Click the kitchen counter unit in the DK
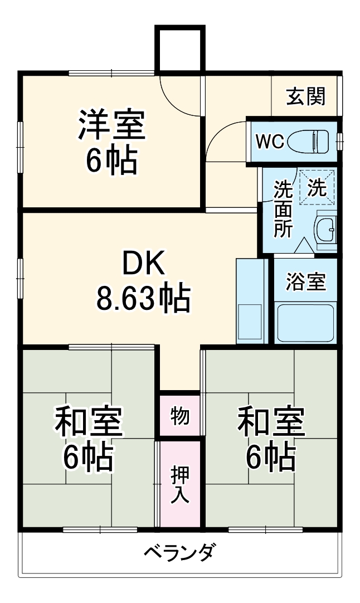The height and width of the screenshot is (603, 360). click(250, 301)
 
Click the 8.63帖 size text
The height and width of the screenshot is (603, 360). click(143, 299)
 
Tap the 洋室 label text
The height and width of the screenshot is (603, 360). click(111, 125)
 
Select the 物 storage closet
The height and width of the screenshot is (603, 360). click(179, 415)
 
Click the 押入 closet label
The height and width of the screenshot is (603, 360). click(179, 484)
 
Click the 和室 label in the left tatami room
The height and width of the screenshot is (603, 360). click(88, 422)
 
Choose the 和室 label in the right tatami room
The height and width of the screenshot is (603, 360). click(271, 422)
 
